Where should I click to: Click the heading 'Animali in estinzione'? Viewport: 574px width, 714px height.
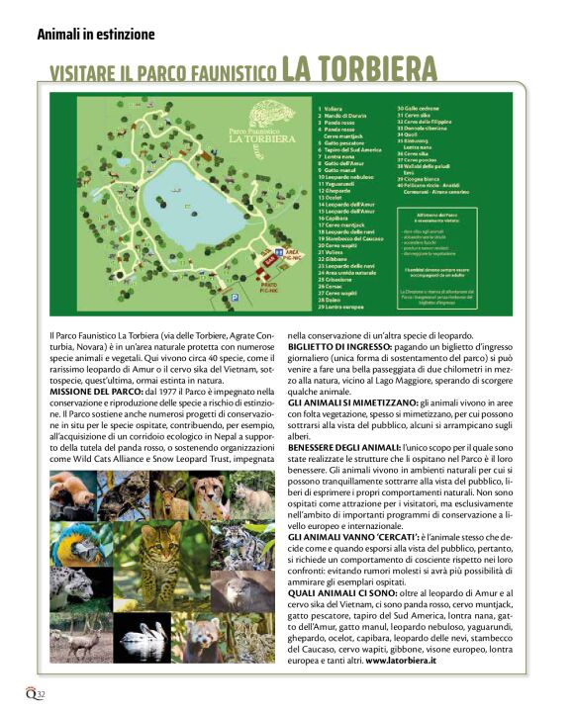pyautogui.click(x=95, y=34)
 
